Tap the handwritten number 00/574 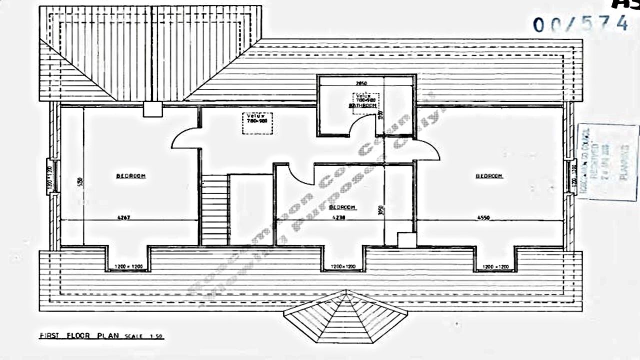click(580, 23)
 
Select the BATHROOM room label click(362, 105)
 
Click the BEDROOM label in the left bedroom click(131, 175)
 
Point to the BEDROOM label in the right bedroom click(488, 175)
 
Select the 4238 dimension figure click(340, 217)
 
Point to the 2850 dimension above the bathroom click(361, 83)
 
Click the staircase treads click(214, 210)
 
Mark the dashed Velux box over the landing click(258, 123)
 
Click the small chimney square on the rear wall click(152, 109)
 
